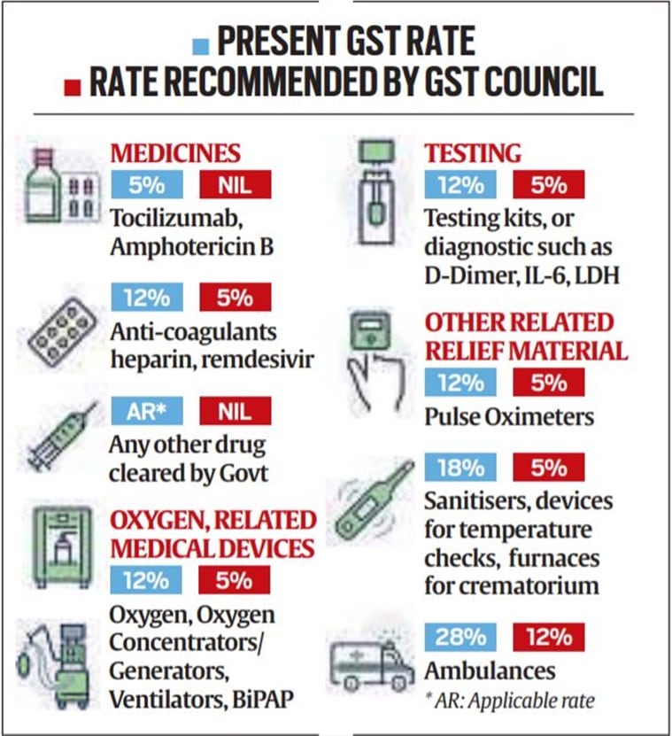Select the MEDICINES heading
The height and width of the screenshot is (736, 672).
point(174,152)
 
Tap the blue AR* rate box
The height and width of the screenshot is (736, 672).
point(146,410)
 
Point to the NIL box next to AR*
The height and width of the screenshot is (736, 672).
point(235,410)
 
